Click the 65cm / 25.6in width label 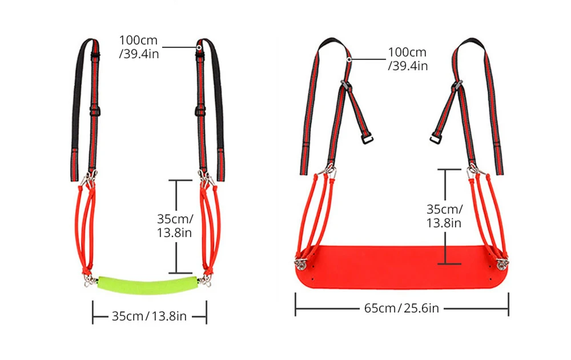pos(401,309)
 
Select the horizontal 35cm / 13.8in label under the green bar pos(150,315)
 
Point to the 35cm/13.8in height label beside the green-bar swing pos(175,225)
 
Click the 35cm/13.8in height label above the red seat pos(444,215)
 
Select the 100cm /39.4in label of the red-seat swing pos(408,59)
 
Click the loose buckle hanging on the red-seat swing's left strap pos(368,139)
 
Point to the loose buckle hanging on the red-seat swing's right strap pos(435,139)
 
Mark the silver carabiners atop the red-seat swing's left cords pos(329,170)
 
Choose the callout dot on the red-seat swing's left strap pos(349,58)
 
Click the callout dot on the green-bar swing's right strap pos(199,47)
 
